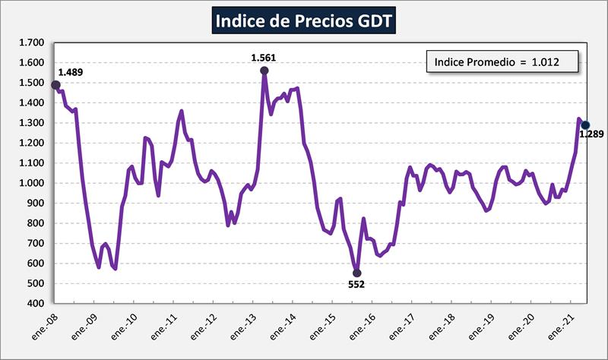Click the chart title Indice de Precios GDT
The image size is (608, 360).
tap(303, 21)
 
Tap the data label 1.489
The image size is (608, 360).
tap(71, 73)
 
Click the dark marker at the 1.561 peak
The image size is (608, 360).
tap(264, 71)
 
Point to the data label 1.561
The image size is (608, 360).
tap(263, 57)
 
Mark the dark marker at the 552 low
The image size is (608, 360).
tap(357, 273)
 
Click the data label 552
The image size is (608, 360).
tap(357, 286)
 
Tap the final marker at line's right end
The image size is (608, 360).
tap(584, 125)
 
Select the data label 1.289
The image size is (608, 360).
tap(591, 135)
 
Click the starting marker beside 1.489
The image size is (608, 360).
tap(55, 85)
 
